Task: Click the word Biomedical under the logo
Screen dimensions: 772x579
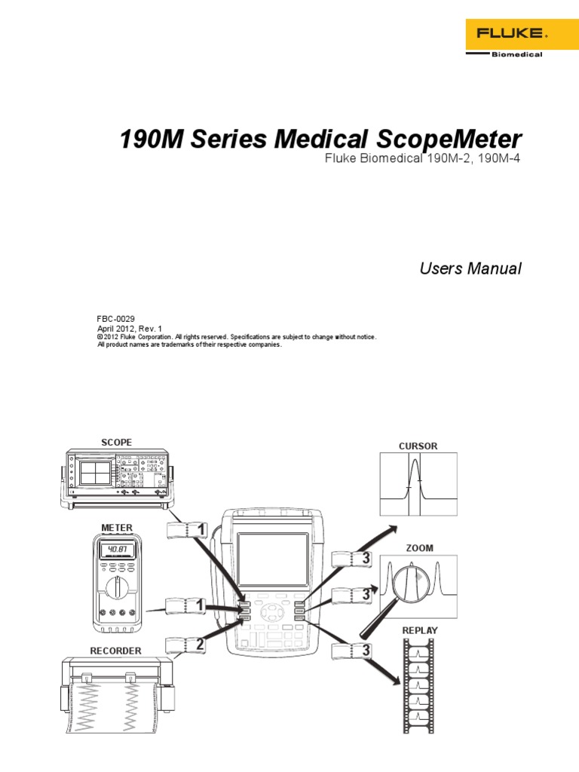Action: point(516,54)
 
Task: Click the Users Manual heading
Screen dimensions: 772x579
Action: point(470,269)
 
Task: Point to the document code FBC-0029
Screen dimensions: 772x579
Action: point(116,320)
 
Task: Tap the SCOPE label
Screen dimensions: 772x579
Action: point(116,442)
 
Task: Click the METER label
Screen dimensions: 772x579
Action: point(117,527)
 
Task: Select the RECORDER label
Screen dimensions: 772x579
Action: point(116,650)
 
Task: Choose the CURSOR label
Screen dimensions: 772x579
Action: point(418,446)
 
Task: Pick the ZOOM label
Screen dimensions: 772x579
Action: point(419,548)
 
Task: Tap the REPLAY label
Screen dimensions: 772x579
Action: point(419,630)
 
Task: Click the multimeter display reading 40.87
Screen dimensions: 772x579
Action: point(117,550)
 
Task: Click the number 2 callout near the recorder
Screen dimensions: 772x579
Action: point(199,645)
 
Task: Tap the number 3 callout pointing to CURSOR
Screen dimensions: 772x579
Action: point(366,559)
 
